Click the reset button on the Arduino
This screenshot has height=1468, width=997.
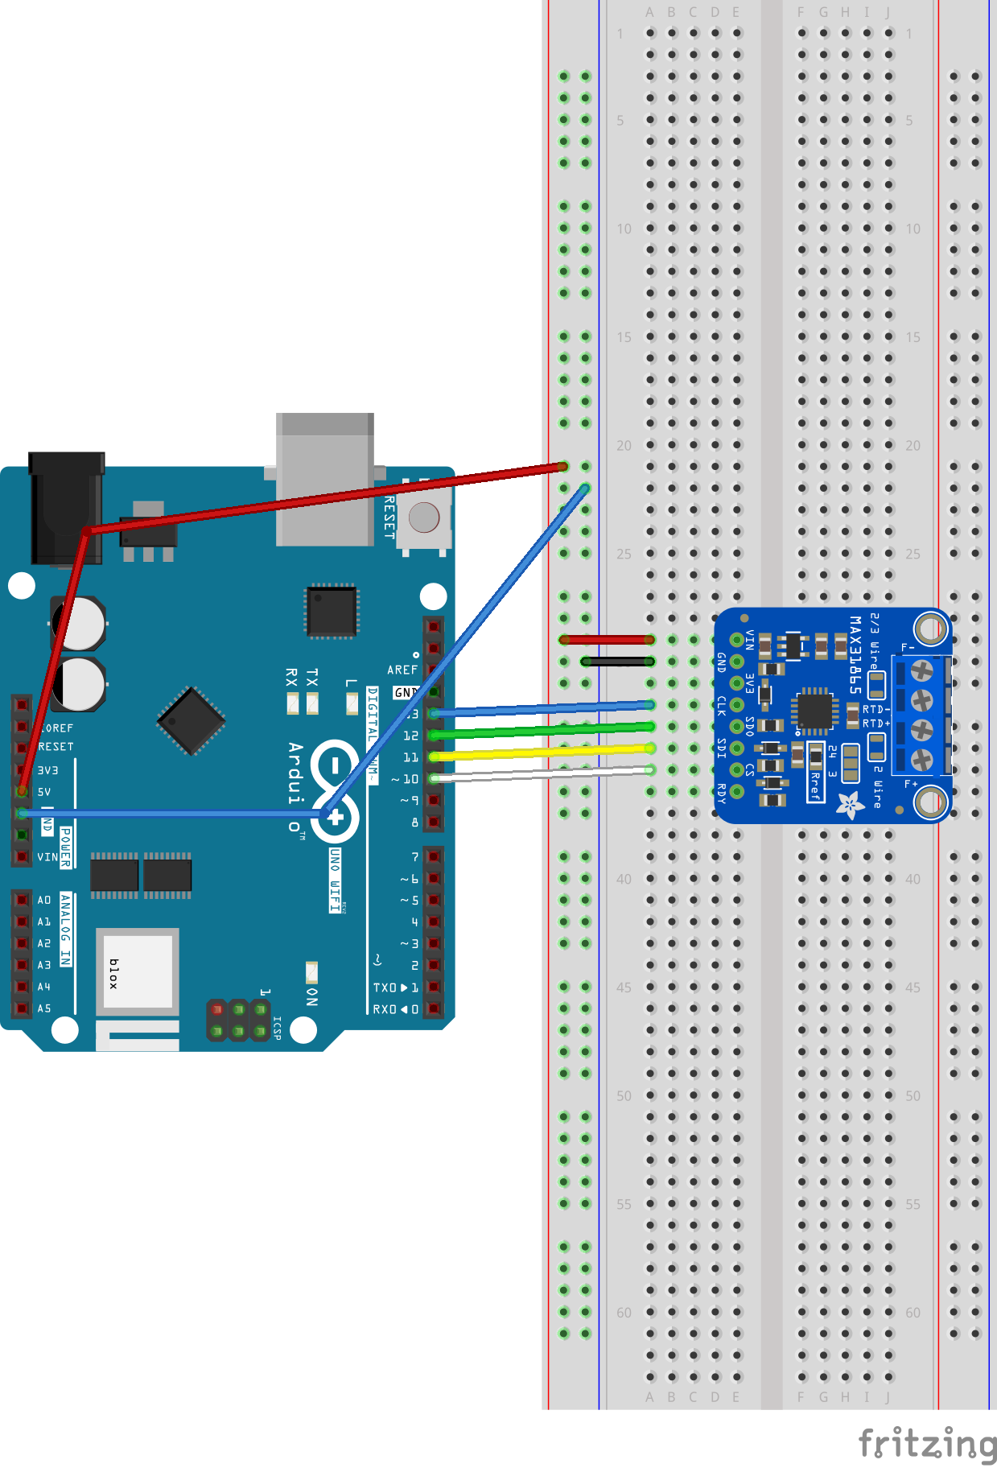click(x=424, y=518)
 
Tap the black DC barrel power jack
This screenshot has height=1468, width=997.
click(x=66, y=507)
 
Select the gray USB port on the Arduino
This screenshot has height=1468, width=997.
click(x=324, y=479)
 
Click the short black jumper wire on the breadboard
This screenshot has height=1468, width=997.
click(x=617, y=662)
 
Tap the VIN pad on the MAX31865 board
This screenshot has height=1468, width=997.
click(x=736, y=641)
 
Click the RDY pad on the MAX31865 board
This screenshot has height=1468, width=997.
click(x=736, y=792)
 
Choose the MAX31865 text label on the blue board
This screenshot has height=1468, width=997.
click(x=855, y=654)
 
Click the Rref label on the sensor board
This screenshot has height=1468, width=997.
click(x=814, y=785)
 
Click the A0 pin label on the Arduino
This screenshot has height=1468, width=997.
click(x=44, y=900)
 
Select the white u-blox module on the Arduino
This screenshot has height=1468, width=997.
click(x=137, y=971)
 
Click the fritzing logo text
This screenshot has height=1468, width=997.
click(x=927, y=1443)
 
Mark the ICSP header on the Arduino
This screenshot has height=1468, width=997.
click(x=238, y=1020)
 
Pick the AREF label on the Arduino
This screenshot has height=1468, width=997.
click(x=402, y=670)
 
